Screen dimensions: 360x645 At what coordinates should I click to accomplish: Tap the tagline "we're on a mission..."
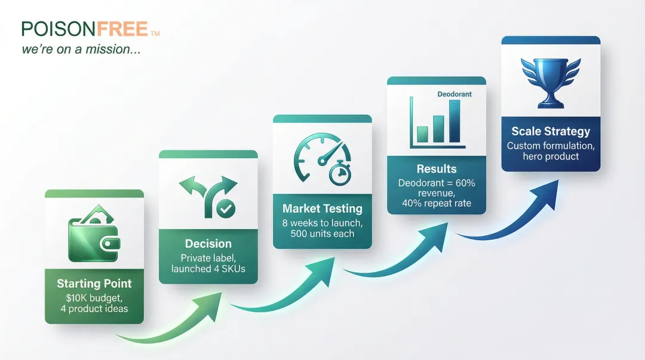pyautogui.click(x=81, y=50)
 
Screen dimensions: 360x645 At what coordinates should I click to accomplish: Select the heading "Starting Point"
pyautogui.click(x=94, y=284)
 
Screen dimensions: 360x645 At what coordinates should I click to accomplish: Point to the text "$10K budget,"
pyautogui.click(x=94, y=297)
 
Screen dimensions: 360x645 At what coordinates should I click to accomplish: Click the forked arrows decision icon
pyautogui.click(x=207, y=195)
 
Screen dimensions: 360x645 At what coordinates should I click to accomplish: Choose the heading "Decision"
pyautogui.click(x=208, y=244)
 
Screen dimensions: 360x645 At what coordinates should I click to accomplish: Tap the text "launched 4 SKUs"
pyautogui.click(x=208, y=269)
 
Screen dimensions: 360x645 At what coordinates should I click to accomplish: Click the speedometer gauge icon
pyautogui.click(x=317, y=156)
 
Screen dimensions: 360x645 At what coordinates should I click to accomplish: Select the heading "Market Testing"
pyautogui.click(x=322, y=208)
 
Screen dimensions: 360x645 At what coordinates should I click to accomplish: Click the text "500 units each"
pyautogui.click(x=322, y=233)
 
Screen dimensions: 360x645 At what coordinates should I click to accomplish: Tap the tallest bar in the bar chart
pyautogui.click(x=454, y=121)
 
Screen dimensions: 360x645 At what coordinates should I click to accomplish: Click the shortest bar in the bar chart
pyautogui.click(x=423, y=134)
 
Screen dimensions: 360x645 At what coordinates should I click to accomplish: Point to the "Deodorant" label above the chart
pyautogui.click(x=454, y=94)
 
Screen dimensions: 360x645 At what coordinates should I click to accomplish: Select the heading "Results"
pyautogui.click(x=437, y=169)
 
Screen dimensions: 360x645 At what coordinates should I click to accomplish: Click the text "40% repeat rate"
pyautogui.click(x=437, y=203)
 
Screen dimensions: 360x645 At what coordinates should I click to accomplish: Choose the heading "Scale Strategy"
pyautogui.click(x=551, y=131)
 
